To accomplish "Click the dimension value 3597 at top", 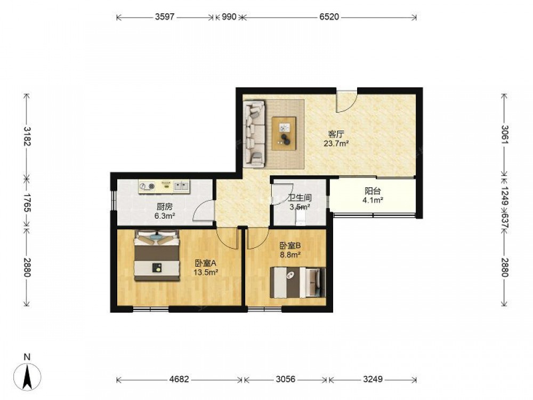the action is point(165,17).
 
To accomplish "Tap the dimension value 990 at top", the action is point(229,17).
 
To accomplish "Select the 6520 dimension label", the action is point(329,17).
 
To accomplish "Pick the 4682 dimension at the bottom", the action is point(179,379).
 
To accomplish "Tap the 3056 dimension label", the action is point(285,379).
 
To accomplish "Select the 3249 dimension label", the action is point(373,379).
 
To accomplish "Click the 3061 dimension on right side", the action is point(505,135).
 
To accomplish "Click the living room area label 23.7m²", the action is point(336,143).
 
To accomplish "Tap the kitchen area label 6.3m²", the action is point(165,215).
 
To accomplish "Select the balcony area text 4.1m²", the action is point(373,200).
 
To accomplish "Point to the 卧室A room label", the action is point(206,263).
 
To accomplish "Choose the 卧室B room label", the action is point(290,245).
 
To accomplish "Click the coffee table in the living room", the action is point(284,133).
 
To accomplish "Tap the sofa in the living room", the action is point(254,134).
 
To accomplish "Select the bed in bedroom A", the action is point(157,255).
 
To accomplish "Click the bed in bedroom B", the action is point(298,282).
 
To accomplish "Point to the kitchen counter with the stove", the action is point(164,187).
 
